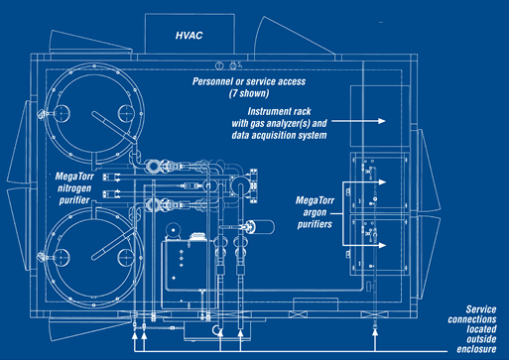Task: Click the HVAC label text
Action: pyautogui.click(x=189, y=36)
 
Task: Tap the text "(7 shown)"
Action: pyautogui.click(x=249, y=93)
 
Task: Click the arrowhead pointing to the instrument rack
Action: pyautogui.click(x=382, y=121)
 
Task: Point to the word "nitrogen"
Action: pyautogui.click(x=74, y=188)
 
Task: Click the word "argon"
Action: pyautogui.click(x=315, y=212)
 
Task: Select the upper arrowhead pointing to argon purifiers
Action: pyautogui.click(x=382, y=182)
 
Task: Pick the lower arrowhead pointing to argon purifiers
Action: pyautogui.click(x=382, y=245)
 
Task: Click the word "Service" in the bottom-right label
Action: pyautogui.click(x=481, y=309)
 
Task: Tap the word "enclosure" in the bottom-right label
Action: pyautogui.click(x=476, y=349)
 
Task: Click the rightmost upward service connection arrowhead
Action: pyautogui.click(x=375, y=332)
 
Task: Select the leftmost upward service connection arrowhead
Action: pyautogui.click(x=134, y=336)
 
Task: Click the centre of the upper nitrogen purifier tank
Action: pyautogui.click(x=94, y=113)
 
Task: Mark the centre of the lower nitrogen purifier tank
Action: pyautogui.click(x=94, y=257)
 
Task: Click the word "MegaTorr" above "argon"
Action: pyautogui.click(x=315, y=200)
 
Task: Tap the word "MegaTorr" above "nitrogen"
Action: pyautogui.click(x=74, y=177)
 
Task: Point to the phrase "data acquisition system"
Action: pyautogui.click(x=279, y=135)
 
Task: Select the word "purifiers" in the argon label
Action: pyautogui.click(x=315, y=224)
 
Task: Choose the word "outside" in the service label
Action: pyautogui.click(x=481, y=339)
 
